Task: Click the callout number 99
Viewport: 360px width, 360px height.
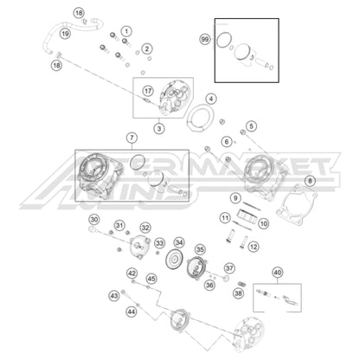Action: click(204, 40)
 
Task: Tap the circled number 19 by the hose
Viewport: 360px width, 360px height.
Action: click(65, 33)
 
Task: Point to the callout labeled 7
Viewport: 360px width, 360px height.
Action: click(211, 100)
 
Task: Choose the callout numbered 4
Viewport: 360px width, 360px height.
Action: click(227, 141)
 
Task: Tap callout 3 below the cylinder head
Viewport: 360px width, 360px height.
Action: click(132, 138)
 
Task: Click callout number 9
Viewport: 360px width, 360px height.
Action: click(235, 198)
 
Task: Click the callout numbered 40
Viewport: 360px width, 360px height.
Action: click(277, 272)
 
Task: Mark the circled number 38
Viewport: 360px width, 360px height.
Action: click(239, 293)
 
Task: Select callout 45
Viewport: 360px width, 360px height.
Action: click(151, 279)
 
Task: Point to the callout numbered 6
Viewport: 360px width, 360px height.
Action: click(227, 141)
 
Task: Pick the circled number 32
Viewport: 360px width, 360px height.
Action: click(145, 228)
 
